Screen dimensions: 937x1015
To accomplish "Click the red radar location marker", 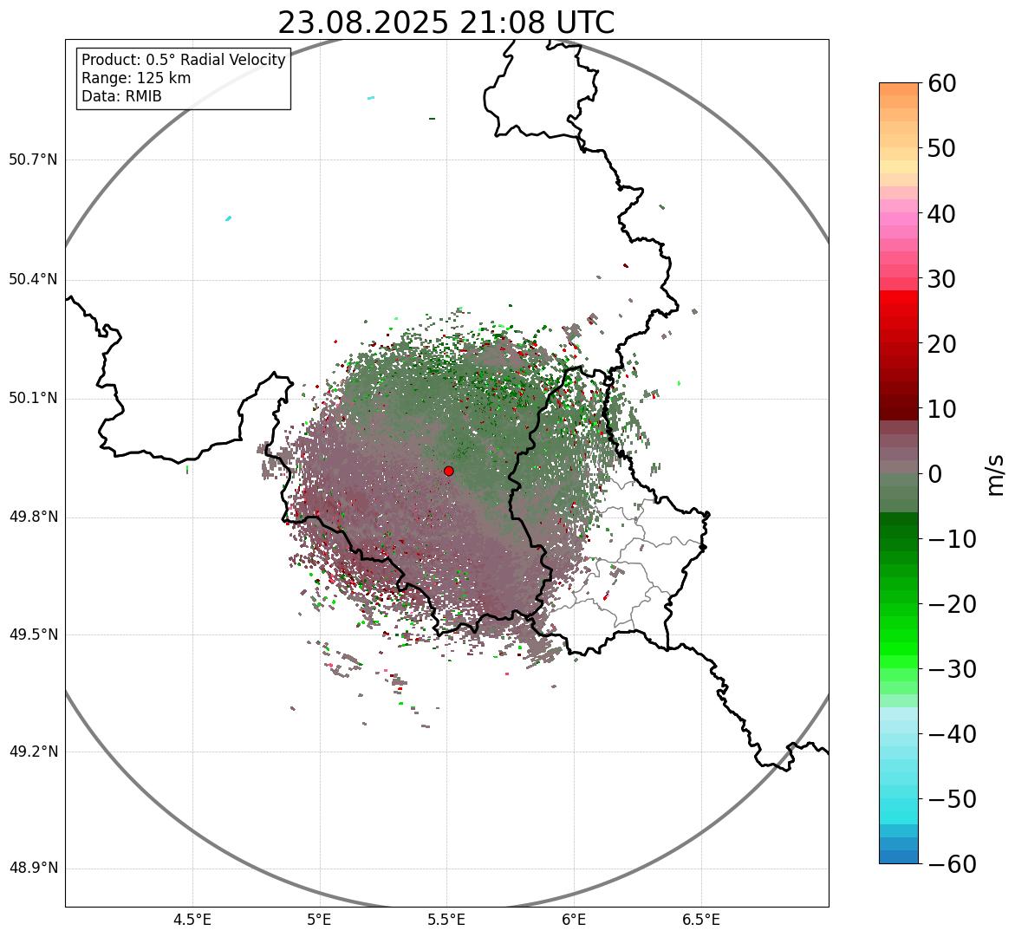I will (x=448, y=471).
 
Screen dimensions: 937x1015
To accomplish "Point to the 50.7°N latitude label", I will (x=33, y=160).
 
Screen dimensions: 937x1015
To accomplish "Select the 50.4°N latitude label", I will (x=33, y=280).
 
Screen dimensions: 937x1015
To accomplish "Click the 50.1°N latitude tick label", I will (x=33, y=399).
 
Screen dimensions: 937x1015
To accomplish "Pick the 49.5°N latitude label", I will (x=33, y=634).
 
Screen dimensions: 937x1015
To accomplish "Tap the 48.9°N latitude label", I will (x=33, y=869).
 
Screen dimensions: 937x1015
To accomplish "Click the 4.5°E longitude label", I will (x=192, y=920).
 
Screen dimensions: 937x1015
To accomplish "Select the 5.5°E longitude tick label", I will (x=446, y=920).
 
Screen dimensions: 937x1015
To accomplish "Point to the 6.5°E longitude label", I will (x=700, y=920).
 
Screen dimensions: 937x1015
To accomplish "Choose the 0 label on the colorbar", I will (x=935, y=474).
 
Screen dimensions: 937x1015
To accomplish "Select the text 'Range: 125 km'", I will (x=136, y=78).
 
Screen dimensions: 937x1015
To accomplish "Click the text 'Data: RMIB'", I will (x=121, y=96).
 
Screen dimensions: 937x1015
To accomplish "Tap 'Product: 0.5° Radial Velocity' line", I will (x=183, y=60).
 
